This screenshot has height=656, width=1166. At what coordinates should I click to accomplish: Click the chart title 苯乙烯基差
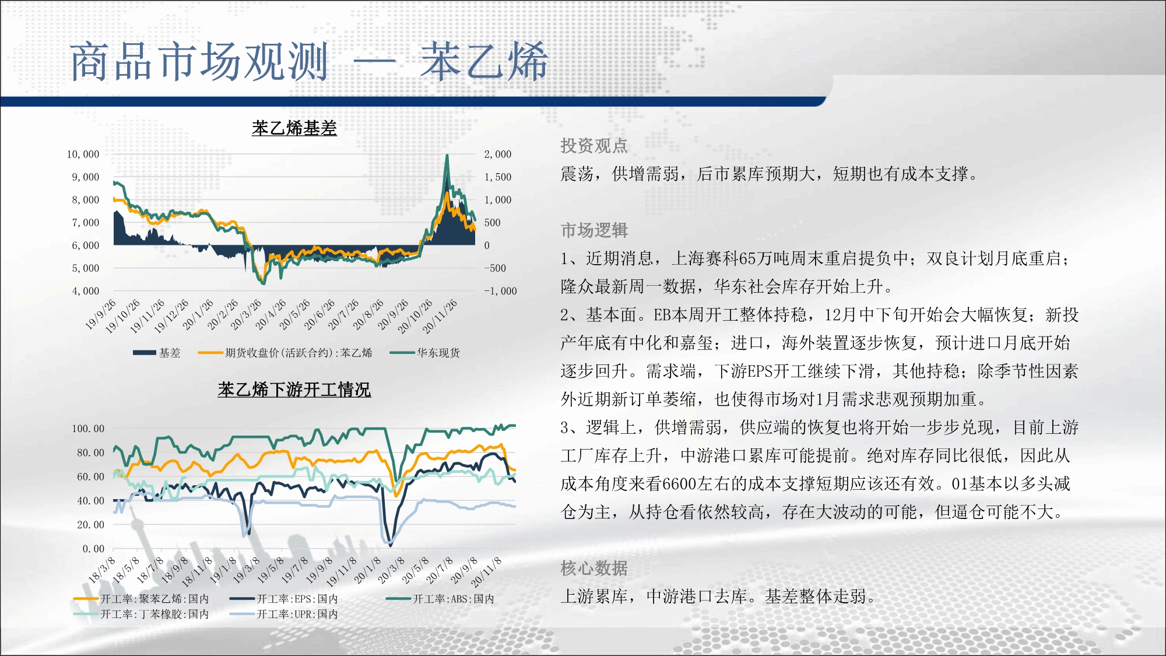294,128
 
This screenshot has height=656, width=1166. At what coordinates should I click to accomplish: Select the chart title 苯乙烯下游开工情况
294,389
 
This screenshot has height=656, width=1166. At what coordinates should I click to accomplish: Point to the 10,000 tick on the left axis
83,154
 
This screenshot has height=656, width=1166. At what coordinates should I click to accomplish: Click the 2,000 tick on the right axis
497,154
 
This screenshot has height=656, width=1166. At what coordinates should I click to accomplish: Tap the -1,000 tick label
500,291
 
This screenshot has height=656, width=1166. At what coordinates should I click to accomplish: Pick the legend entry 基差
157,353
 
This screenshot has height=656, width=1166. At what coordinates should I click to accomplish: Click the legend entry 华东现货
425,353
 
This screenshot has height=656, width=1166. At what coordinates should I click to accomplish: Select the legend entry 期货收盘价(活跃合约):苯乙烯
285,353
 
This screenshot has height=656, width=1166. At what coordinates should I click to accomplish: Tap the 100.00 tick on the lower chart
88,429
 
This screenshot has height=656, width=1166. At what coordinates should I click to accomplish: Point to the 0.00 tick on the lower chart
93,549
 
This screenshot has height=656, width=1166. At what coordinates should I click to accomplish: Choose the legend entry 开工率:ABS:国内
440,599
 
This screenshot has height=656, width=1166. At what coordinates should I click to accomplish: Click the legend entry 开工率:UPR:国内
284,614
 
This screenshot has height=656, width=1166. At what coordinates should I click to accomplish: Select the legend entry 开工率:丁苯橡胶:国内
141,614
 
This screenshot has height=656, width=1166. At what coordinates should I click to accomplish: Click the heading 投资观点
594,145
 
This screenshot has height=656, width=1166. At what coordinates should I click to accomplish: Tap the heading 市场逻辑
594,230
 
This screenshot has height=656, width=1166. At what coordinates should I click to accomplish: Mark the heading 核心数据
594,568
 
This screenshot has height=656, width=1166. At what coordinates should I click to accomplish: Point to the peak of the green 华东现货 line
447,155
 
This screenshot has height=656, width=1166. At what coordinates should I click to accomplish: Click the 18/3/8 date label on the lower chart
102,570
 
